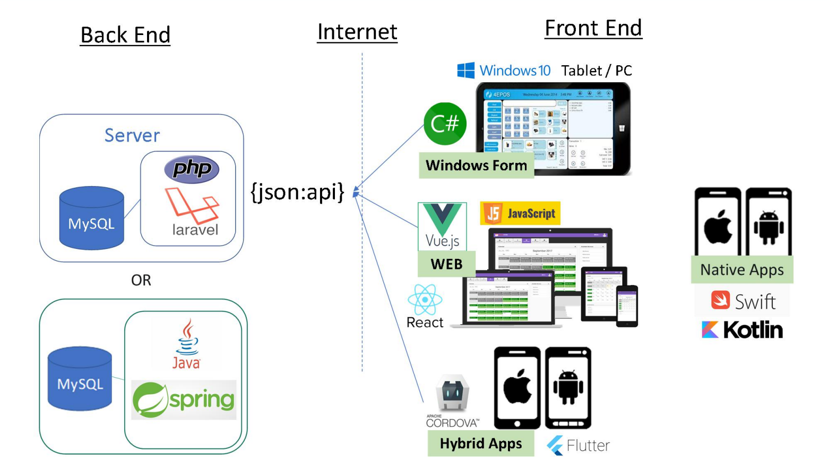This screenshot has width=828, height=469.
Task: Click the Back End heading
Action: [125, 35]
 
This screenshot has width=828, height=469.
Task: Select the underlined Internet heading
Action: [357, 32]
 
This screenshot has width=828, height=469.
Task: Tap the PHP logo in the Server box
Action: [192, 169]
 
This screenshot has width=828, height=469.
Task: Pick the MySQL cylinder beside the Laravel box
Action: [91, 218]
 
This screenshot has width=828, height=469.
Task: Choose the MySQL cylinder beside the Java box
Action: [80, 378]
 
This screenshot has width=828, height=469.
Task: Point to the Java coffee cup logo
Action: [186, 344]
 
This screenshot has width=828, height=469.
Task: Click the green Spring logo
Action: [184, 400]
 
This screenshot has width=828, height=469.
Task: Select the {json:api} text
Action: [297, 192]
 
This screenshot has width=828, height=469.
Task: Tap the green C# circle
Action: [445, 124]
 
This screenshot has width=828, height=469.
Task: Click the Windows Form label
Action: [476, 166]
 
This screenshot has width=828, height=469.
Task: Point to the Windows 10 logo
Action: [504, 71]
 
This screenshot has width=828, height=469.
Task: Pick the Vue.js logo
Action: [442, 226]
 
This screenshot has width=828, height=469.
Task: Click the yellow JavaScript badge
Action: [520, 213]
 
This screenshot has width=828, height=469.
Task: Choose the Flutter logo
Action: [578, 445]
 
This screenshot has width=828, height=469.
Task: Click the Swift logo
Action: [742, 301]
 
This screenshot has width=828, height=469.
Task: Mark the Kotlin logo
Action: [742, 330]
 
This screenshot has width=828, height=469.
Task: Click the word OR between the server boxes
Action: [141, 280]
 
